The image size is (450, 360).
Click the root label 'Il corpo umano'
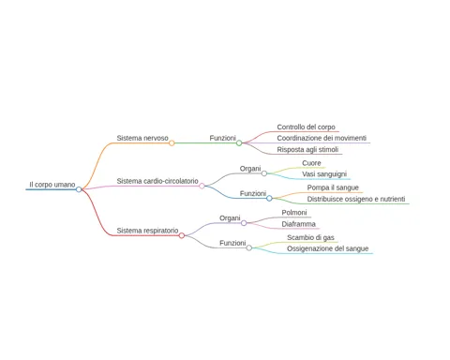coord(52,185)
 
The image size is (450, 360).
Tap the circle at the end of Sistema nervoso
coord(172,143)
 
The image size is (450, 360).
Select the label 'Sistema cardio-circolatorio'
coord(157,181)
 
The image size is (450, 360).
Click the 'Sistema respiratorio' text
coord(147,231)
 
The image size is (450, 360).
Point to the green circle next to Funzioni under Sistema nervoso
coord(239,143)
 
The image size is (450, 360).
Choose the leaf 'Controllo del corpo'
coord(306,127)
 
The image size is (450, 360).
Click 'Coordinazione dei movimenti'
coord(322,138)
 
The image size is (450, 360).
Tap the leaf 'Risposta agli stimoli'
coord(307,150)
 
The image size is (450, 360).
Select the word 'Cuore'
coord(311,163)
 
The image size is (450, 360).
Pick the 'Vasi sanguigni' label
coord(324,174)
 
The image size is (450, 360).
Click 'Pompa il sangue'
coord(333,187)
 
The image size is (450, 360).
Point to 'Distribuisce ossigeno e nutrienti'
coord(356,199)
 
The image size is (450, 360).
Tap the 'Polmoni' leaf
coord(294,213)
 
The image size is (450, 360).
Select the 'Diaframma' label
coord(299,224)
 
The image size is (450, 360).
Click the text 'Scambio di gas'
coord(310,238)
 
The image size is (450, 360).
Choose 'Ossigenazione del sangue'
coord(328,248)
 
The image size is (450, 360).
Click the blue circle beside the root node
coord(79,189)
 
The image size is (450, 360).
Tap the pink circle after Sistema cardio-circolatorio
coord(202,186)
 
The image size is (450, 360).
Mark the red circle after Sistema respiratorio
coord(182,235)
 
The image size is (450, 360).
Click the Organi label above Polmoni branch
coord(230,218)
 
